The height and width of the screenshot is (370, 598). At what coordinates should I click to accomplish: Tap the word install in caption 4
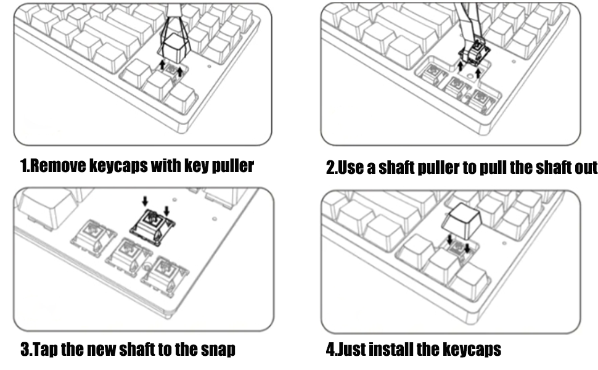[394, 350]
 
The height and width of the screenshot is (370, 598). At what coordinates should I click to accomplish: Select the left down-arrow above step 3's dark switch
[145, 201]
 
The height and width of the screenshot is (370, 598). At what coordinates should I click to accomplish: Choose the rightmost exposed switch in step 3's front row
[165, 272]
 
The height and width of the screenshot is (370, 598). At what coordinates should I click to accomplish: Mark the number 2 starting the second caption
[330, 168]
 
